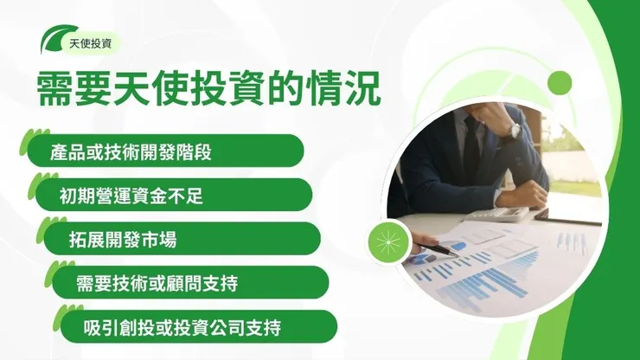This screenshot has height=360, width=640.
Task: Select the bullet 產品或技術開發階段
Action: point(131,152)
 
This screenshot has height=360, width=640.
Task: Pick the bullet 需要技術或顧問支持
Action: point(157,282)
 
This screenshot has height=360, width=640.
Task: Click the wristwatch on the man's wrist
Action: point(513,129)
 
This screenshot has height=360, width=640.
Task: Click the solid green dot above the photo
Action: point(560,83)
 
